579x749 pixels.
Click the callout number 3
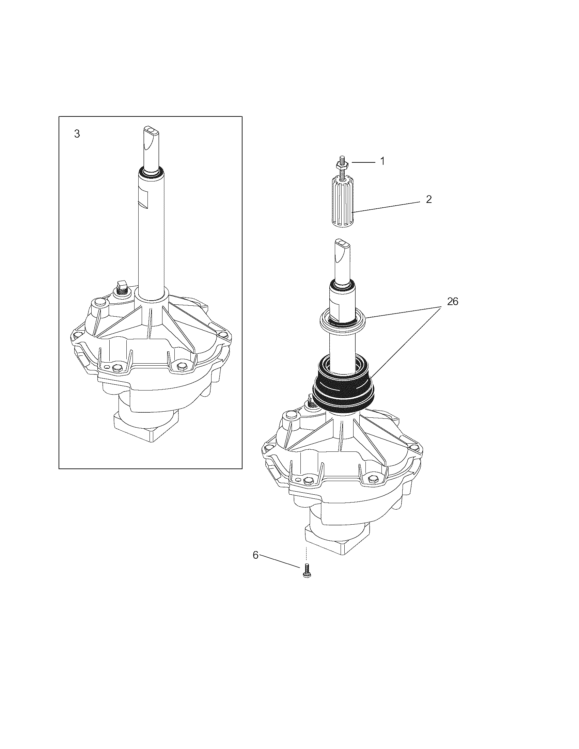(x=77, y=134)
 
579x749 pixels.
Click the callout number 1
(x=382, y=161)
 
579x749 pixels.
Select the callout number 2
(x=429, y=199)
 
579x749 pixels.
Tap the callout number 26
(x=452, y=301)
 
